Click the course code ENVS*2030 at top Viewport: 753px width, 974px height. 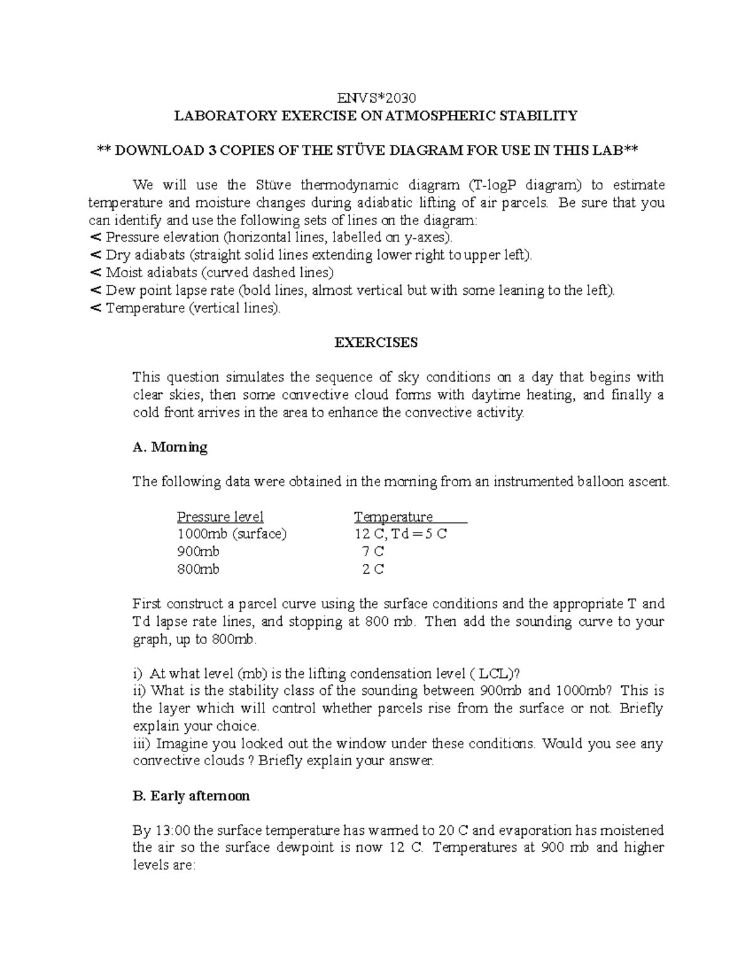(376, 98)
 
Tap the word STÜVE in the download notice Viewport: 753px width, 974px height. (361, 151)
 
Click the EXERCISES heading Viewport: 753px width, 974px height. (376, 342)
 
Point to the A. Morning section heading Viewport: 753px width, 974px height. (170, 447)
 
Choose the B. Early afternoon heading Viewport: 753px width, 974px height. (191, 796)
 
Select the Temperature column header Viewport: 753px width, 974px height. (393, 517)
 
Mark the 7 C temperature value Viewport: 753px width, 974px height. (373, 552)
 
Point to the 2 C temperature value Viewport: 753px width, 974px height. (373, 569)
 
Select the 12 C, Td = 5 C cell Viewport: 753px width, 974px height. (400, 534)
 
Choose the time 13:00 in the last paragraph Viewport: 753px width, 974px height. (171, 830)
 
